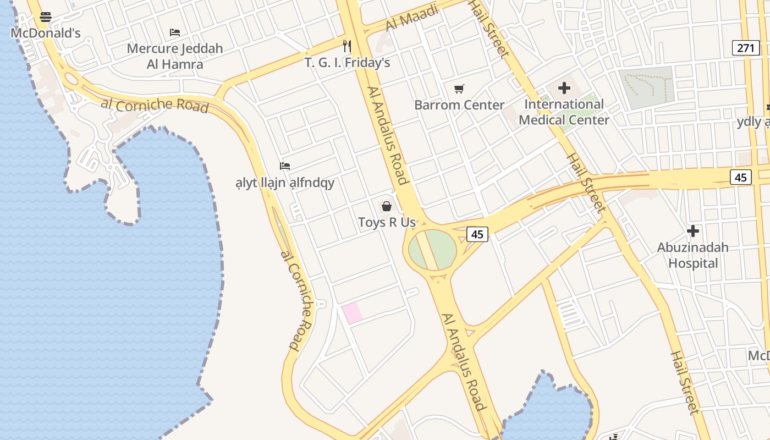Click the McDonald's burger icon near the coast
pyautogui.click(x=46, y=17)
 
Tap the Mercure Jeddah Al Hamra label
pyautogui.click(x=175, y=56)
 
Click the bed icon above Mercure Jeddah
pyautogui.click(x=175, y=32)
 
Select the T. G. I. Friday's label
pyautogui.click(x=348, y=63)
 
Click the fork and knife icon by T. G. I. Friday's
pyautogui.click(x=346, y=46)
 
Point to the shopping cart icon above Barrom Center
pyautogui.click(x=459, y=89)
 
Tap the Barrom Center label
pyautogui.click(x=459, y=105)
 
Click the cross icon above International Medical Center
pyautogui.click(x=564, y=88)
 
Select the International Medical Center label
pyautogui.click(x=564, y=112)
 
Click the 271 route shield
pyautogui.click(x=746, y=48)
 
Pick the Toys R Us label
pyautogui.click(x=387, y=223)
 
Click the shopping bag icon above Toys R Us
pyautogui.click(x=387, y=206)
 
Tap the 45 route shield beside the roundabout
pyautogui.click(x=477, y=234)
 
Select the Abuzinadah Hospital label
pyautogui.click(x=693, y=255)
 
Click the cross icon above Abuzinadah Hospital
pyautogui.click(x=693, y=231)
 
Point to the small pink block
pyautogui.click(x=352, y=313)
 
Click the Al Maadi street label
pyautogui.click(x=411, y=18)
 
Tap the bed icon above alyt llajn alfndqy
pyautogui.click(x=284, y=166)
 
